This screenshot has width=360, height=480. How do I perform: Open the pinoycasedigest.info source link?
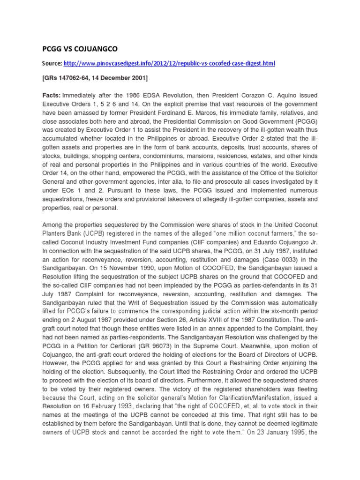pos(169,63)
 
